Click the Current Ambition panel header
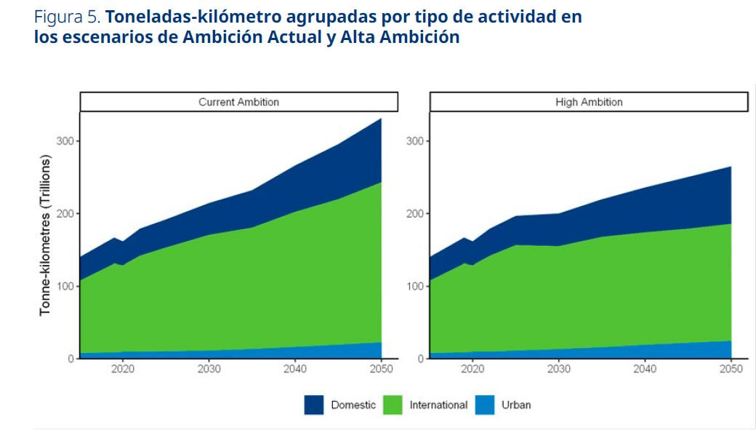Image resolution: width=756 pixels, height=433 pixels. [x=238, y=102]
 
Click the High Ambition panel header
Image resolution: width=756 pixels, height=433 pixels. [x=589, y=102]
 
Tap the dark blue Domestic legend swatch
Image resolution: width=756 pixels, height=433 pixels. [x=314, y=405]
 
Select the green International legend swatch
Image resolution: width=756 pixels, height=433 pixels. [x=393, y=405]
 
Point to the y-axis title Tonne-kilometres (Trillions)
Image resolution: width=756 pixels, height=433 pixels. [x=45, y=234]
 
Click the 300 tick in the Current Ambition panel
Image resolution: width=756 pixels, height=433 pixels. [x=65, y=140]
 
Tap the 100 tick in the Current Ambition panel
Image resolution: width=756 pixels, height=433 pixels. [x=65, y=286]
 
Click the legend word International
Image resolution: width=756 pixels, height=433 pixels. [x=438, y=405]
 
